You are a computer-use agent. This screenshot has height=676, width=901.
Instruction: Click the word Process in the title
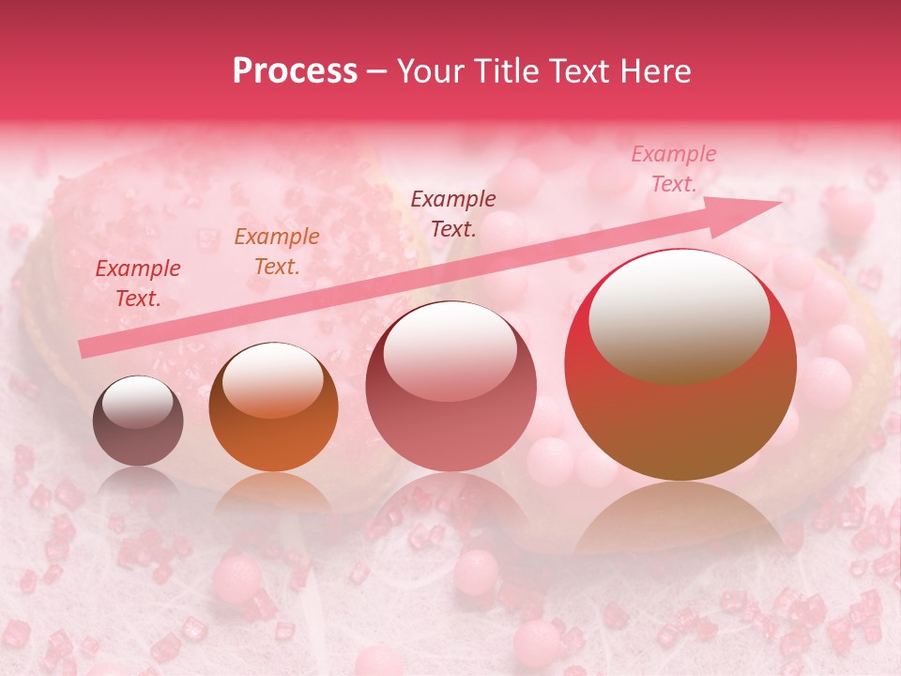[x=295, y=71]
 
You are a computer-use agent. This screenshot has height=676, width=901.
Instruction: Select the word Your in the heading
[x=433, y=71]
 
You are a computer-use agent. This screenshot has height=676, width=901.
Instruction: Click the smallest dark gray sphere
[x=138, y=421]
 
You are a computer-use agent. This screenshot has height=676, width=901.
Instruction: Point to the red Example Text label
[x=138, y=284]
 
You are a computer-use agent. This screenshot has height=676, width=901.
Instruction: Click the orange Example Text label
[x=277, y=252]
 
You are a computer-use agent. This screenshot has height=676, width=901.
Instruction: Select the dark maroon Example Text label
[x=453, y=213]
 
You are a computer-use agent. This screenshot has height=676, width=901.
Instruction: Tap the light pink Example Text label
[x=673, y=169]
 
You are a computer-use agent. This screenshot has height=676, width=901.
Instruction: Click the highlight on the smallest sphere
[x=137, y=402]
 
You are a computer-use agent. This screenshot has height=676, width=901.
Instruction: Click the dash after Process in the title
[x=377, y=71]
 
